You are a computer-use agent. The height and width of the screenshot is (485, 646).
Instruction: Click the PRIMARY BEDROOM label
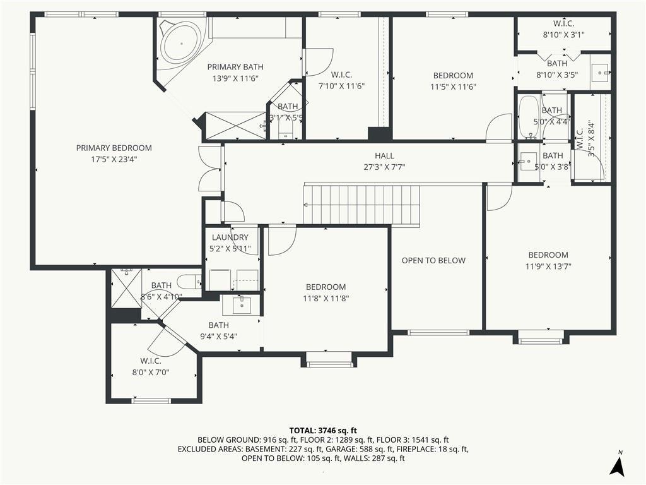pyautogui.click(x=114, y=148)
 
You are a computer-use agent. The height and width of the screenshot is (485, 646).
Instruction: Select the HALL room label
pyautogui.click(x=384, y=155)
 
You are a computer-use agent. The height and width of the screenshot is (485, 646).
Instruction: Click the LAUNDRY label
pyautogui.click(x=230, y=237)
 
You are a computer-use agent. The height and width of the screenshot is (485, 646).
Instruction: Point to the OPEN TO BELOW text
pyautogui.click(x=433, y=260)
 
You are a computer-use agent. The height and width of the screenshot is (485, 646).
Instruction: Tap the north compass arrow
pyautogui.click(x=617, y=467)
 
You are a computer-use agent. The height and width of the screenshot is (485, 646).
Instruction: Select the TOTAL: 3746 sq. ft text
pyautogui.click(x=323, y=431)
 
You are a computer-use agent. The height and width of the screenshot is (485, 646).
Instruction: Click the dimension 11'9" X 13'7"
pyautogui.click(x=548, y=266)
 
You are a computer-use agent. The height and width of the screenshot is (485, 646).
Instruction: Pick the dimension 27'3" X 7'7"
pyautogui.click(x=384, y=167)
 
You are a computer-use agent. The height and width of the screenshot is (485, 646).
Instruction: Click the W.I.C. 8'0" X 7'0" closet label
pyautogui.click(x=150, y=366)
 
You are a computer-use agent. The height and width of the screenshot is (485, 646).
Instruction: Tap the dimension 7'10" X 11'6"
pyautogui.click(x=341, y=86)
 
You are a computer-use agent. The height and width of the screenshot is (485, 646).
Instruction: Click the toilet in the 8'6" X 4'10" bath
pyautogui.click(x=189, y=282)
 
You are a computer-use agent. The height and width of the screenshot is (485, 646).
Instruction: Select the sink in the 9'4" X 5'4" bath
pyautogui.click(x=241, y=305)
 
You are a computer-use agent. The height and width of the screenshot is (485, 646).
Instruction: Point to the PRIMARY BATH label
pyautogui.click(x=235, y=67)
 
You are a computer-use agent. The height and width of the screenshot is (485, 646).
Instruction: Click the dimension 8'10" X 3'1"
pyautogui.click(x=563, y=35)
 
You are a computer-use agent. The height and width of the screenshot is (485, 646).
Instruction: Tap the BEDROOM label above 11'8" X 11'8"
pyautogui.click(x=326, y=287)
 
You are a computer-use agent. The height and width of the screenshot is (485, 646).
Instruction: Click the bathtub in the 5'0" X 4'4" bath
pyautogui.click(x=529, y=117)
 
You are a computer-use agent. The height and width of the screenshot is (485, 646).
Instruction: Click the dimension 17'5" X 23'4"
pyautogui.click(x=114, y=159)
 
